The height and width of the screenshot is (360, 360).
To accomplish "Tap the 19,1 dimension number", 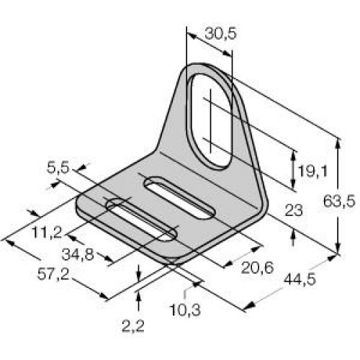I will (312, 172).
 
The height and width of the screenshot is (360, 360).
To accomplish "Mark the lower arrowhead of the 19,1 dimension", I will (292, 189).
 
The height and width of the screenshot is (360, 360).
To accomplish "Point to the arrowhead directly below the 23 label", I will (292, 232).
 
